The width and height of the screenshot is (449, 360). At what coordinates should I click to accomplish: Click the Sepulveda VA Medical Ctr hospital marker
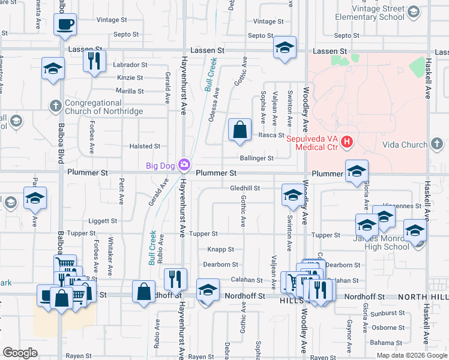click(346, 142)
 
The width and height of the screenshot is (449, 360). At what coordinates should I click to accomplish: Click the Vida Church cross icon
click(437, 144)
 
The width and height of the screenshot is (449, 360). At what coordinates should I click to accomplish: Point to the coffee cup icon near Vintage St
click(65, 25)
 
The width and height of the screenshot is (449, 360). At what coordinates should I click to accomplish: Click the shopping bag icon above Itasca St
click(240, 130)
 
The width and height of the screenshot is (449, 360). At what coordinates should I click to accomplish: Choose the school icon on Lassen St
click(285, 47)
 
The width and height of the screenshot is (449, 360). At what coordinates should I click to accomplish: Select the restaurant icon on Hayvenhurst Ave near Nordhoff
click(175, 280)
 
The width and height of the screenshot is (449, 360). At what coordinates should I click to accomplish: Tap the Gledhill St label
click(245, 188)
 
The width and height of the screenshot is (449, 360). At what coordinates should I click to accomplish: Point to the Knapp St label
click(220, 249)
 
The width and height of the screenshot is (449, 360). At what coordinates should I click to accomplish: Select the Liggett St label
click(100, 221)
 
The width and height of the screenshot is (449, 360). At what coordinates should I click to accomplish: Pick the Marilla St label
click(130, 91)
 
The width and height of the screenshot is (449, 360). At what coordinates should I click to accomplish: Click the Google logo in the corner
click(20, 353)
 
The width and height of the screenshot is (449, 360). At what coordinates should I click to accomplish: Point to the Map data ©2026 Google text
click(411, 355)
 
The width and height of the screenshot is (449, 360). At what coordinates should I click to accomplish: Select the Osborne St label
click(388, 328)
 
